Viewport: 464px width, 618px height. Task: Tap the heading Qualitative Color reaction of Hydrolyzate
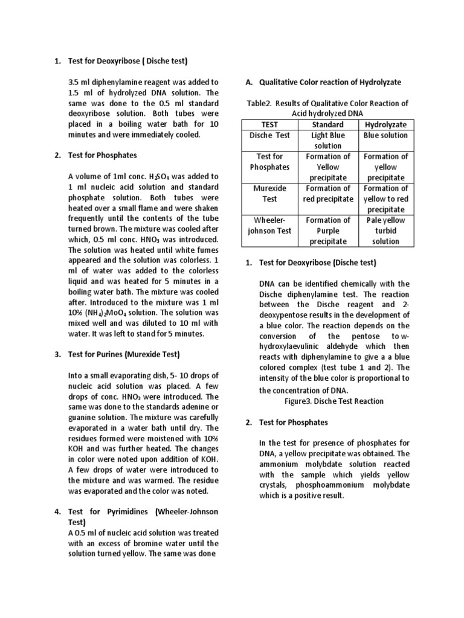pyautogui.click(x=330, y=82)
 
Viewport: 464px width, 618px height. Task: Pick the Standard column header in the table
pyautogui.click(x=327, y=124)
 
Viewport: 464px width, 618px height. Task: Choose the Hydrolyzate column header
pyautogui.click(x=385, y=124)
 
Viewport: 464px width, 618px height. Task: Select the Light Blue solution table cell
pyautogui.click(x=327, y=141)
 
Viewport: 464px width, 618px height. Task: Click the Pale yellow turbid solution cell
pyautogui.click(x=385, y=231)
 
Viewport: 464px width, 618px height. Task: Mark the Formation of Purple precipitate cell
pyautogui.click(x=327, y=231)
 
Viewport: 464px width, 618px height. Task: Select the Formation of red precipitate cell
pyautogui.click(x=327, y=194)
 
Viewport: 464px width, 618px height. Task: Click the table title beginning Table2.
pyautogui.click(x=327, y=108)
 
